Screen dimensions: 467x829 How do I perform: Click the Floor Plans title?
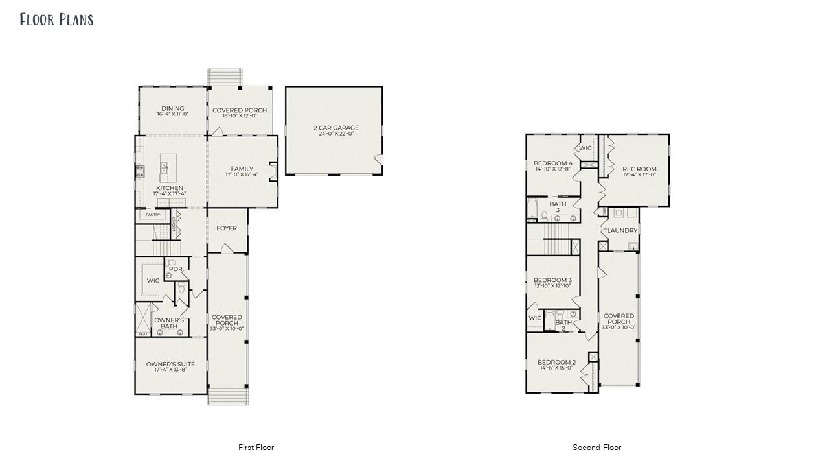point(56,19)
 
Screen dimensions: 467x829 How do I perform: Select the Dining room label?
point(172,109)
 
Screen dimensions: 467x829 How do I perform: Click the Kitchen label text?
point(169,188)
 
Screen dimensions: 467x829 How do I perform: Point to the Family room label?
point(242,169)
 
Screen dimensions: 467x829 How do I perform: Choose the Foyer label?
point(227,228)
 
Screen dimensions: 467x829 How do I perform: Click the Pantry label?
point(153,215)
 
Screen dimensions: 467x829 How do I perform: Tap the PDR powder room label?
point(175,269)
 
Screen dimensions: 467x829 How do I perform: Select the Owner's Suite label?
point(170,365)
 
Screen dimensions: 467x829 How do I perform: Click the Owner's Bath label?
point(169,323)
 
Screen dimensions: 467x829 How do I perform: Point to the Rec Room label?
point(639,169)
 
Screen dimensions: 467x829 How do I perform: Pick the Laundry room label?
point(622,230)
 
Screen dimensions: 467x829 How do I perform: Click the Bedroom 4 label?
point(552,163)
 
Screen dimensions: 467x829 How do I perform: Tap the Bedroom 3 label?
point(552,280)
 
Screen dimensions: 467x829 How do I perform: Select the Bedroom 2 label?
point(556,363)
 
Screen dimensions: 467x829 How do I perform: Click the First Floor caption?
point(256,448)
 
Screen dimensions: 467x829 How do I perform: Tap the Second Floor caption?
point(596,448)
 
